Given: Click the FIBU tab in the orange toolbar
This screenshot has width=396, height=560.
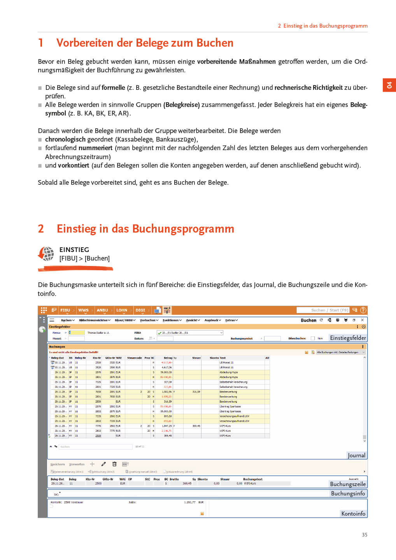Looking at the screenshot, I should point(65,310).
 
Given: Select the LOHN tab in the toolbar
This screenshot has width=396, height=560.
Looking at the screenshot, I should point(122,310).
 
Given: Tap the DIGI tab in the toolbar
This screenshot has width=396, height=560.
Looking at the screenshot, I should point(140,310).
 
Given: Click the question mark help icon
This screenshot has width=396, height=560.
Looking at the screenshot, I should point(363,310).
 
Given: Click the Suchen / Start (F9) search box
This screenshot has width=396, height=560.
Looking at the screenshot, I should point(323,310).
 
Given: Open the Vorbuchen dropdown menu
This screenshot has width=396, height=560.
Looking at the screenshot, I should point(149,320).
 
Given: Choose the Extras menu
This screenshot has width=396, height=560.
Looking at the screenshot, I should point(231,320).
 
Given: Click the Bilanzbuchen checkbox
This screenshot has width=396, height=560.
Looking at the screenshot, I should point(312,338).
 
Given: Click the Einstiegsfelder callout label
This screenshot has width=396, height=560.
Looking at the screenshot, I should point(348,338).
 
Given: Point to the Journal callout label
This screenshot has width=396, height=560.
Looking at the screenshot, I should point(356,455).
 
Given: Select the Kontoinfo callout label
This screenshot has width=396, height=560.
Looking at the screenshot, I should point(353,514).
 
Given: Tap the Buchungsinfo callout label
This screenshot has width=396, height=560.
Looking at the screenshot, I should point(348,493).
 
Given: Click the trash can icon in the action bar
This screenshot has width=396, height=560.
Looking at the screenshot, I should point(114,464).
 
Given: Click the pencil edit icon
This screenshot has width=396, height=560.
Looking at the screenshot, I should point(103,464).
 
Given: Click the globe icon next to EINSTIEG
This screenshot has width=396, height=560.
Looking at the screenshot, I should point(47,254).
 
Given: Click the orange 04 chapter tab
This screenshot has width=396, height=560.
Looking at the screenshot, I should point(389,85).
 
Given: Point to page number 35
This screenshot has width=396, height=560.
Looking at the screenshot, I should point(364,535).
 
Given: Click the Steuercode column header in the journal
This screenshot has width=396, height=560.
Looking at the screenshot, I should point(134,358).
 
